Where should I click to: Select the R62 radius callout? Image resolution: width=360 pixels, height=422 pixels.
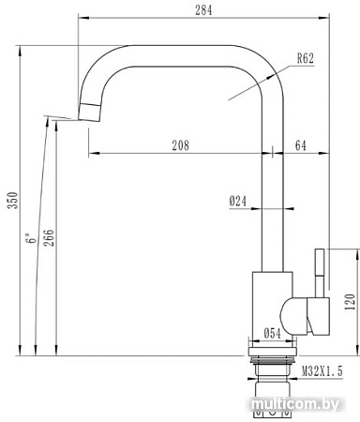(305, 58)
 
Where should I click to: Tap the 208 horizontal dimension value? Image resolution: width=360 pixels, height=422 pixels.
(182, 144)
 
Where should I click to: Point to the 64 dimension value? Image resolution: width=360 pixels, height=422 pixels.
(300, 144)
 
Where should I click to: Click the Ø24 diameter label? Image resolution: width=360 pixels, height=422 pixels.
(237, 200)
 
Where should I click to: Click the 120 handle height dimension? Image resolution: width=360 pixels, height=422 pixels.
(349, 302)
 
